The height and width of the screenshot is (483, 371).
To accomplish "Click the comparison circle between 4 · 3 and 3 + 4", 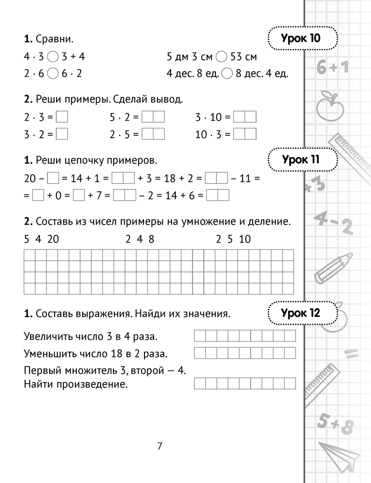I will click(53, 57).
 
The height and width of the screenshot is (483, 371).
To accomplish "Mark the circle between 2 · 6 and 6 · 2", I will click(53, 74).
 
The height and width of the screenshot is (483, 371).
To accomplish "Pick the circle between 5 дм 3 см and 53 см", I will click(221, 57).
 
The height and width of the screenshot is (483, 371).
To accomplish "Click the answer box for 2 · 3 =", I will click(62, 117).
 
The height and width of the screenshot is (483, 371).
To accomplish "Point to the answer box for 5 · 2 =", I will click(153, 117).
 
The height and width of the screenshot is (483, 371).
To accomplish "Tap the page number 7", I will click(159, 446).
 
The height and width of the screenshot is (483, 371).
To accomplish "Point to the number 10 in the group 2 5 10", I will click(245, 239).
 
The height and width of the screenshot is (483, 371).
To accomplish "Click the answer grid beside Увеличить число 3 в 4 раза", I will click(245, 336).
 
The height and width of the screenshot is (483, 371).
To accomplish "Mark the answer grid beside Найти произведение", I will click(245, 384).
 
